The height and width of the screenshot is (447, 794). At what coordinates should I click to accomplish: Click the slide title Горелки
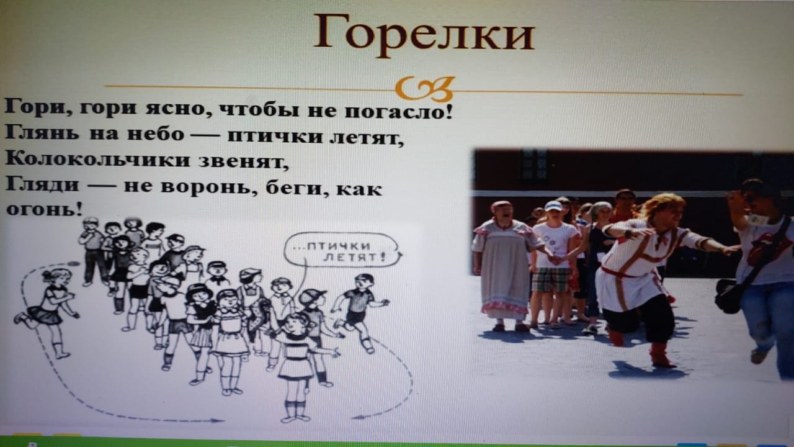click(424, 33)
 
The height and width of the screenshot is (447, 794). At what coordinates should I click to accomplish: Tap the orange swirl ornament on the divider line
click(425, 89)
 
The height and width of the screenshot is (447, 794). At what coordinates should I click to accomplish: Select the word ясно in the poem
click(176, 108)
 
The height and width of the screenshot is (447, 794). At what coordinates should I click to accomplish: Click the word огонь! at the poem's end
click(44, 209)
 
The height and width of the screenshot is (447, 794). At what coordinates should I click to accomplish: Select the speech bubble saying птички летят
click(342, 250)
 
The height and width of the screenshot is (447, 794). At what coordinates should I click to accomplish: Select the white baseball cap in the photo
click(553, 206)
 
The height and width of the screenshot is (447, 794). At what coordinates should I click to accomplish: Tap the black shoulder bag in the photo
click(728, 296)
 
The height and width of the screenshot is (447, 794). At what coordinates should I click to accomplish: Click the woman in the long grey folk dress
click(505, 267)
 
